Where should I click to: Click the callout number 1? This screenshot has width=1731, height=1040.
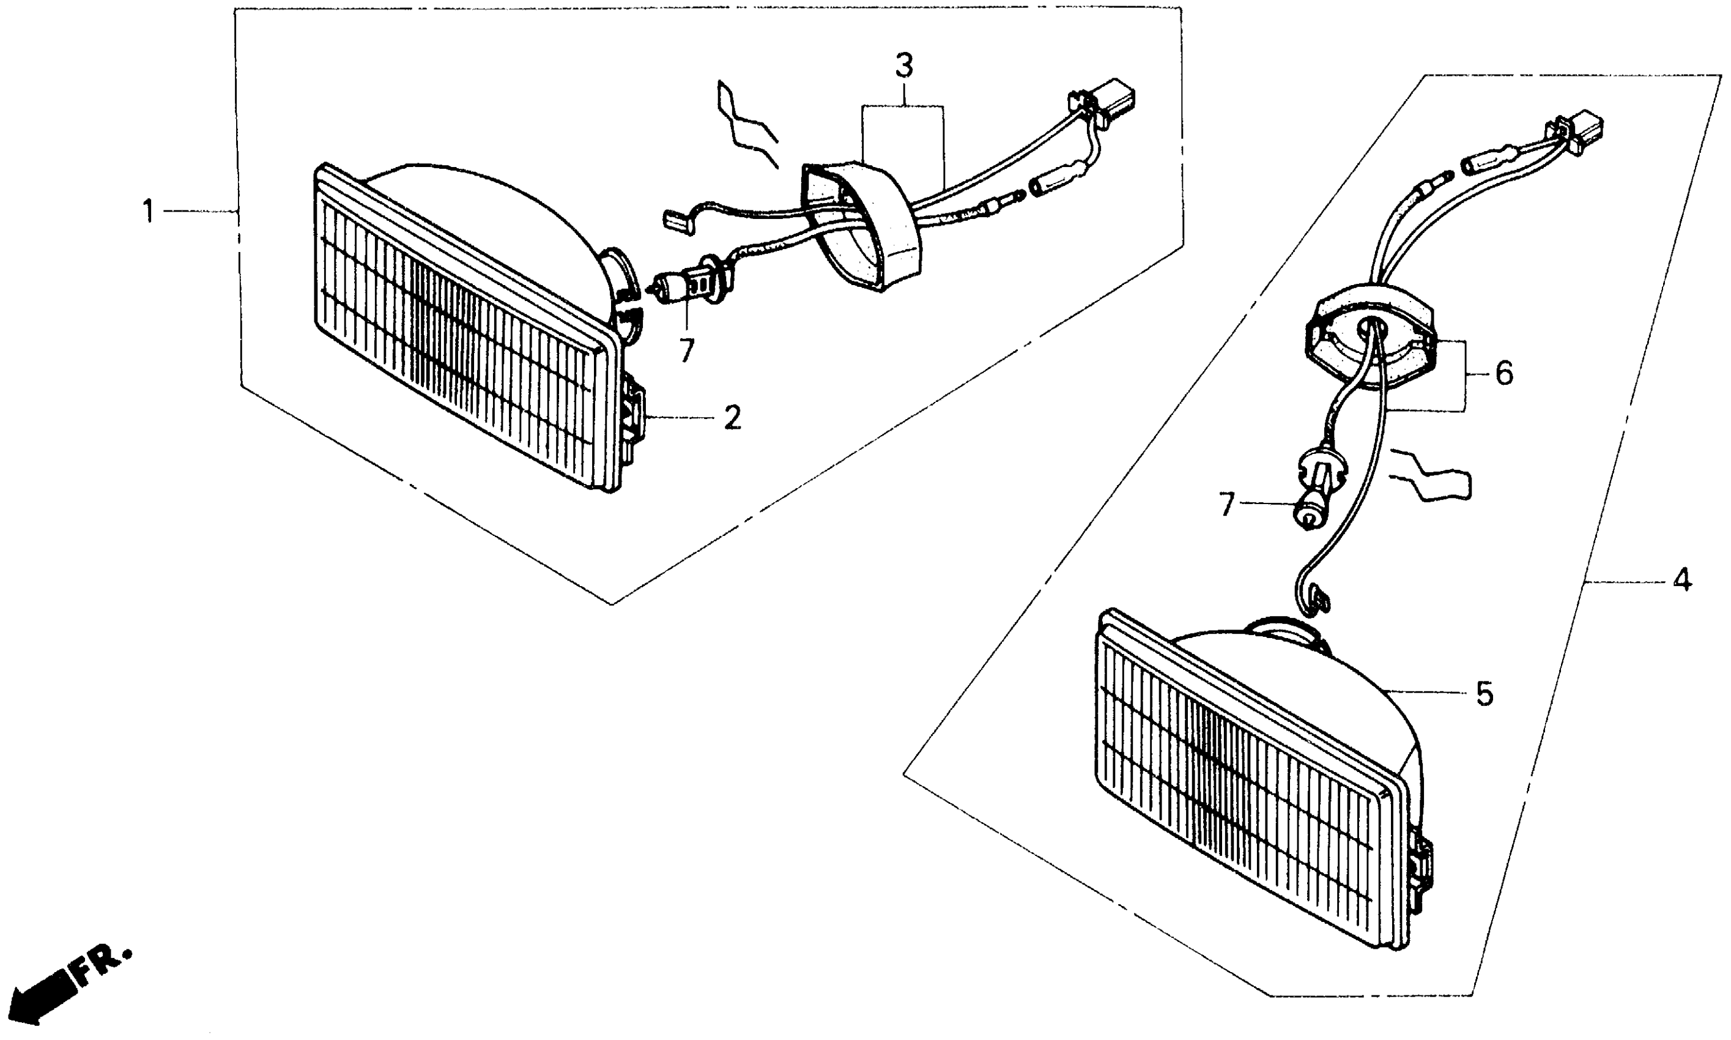coord(148,211)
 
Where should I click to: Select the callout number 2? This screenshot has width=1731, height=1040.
coord(732,418)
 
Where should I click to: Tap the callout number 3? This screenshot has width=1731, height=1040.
coord(903,67)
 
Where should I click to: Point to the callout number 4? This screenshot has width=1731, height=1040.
coord(1681,579)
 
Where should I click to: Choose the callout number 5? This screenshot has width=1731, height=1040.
coord(1485,693)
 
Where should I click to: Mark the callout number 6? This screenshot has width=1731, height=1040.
coord(1503,374)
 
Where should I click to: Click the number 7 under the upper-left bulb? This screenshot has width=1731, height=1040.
coord(686,351)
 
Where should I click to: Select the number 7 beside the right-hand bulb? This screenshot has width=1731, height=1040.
coord(1226,505)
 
